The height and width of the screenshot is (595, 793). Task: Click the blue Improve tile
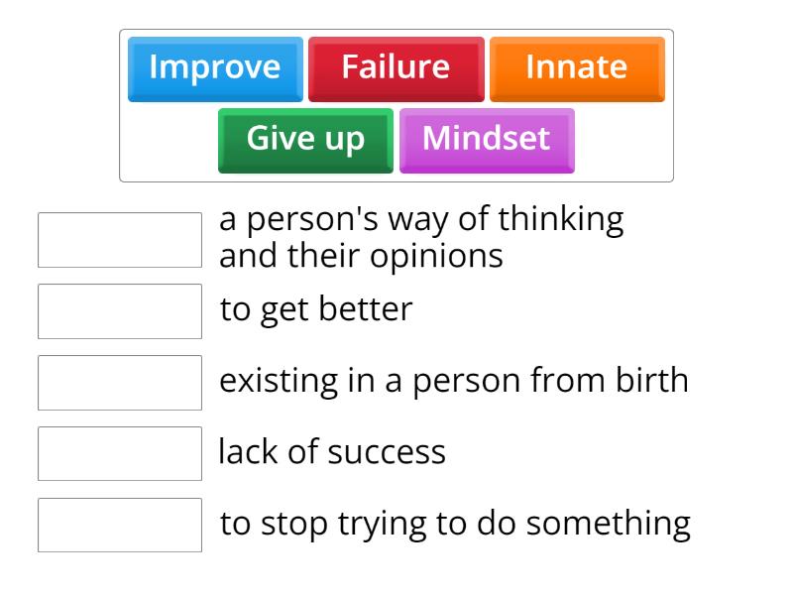coord(215,68)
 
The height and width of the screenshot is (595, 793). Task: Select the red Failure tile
coord(396,68)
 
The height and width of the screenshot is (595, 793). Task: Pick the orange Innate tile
coord(576,68)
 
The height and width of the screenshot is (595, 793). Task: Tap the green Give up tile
coord(305,139)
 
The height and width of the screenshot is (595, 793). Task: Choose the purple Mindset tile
coord(486,139)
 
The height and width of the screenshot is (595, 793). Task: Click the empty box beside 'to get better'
coord(120,311)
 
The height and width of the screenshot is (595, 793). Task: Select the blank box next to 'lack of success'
coord(120,454)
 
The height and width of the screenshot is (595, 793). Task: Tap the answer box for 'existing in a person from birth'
coord(120,383)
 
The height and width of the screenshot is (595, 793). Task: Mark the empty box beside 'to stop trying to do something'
coord(120,526)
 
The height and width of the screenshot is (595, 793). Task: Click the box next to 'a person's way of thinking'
coord(120,240)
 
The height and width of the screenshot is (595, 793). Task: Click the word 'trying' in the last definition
coord(380,525)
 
